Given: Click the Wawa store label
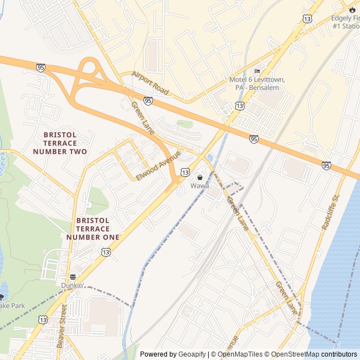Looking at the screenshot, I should coord(199,186).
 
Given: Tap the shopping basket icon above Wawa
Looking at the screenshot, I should coord(200,178).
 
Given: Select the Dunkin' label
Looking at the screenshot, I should coord(73,285).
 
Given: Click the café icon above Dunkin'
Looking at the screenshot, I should coord(73,277).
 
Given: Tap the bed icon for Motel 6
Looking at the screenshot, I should coord(257,71).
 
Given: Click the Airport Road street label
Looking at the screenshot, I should coord(150,83).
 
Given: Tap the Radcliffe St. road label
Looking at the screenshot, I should coord(331,212).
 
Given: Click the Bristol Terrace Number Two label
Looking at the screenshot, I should coord(60,143).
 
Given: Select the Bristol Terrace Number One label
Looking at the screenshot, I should coord(92,229).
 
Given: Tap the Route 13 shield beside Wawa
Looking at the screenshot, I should coord(185,172).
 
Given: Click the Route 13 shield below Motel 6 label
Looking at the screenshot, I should coord(240,105).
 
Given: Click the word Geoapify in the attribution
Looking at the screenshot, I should coord(192,354).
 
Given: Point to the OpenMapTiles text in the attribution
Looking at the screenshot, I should coord(240,354).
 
